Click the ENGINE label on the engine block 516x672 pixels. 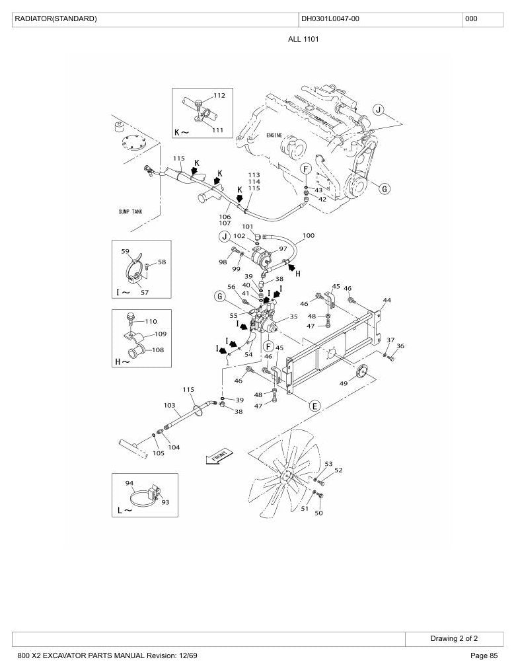click(x=274, y=135)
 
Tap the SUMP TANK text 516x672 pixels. click(x=130, y=211)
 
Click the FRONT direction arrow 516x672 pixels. click(x=220, y=456)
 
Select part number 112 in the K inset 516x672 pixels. click(x=219, y=95)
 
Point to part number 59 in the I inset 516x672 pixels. click(x=125, y=251)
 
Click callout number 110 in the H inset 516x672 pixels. click(x=151, y=321)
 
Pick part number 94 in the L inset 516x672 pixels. click(x=129, y=483)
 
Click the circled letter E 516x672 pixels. click(x=315, y=406)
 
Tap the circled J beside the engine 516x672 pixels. click(x=378, y=110)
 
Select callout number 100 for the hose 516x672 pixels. click(x=309, y=235)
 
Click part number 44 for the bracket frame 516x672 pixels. click(x=387, y=300)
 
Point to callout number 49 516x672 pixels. click(x=344, y=383)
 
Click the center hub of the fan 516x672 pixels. click(x=286, y=475)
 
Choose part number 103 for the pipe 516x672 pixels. click(x=170, y=405)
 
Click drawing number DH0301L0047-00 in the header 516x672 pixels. click(x=330, y=19)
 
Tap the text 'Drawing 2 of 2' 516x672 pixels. click(x=454, y=638)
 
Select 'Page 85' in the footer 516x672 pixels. click(x=484, y=655)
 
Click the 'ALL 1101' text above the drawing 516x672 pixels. click(x=303, y=40)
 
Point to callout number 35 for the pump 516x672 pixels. click(x=293, y=317)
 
